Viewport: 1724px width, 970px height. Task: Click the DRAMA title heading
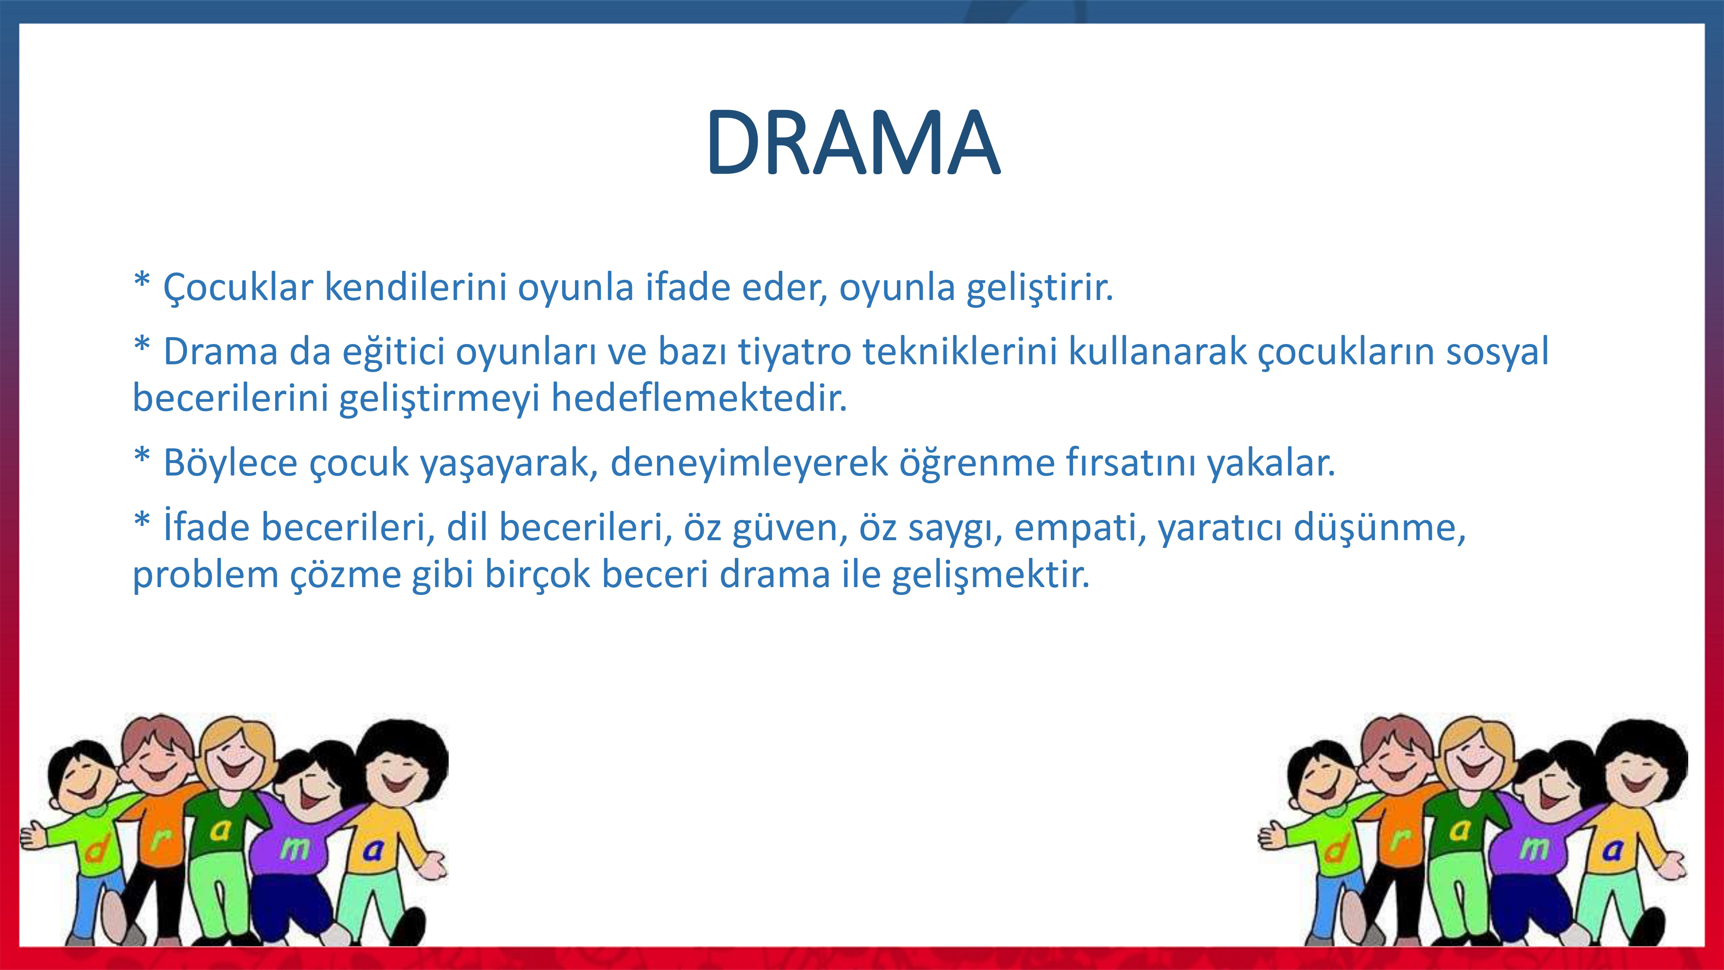point(853,143)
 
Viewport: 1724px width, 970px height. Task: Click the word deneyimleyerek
point(749,463)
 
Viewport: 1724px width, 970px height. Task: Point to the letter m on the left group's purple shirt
point(295,849)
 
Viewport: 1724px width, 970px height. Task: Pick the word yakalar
point(1271,463)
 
